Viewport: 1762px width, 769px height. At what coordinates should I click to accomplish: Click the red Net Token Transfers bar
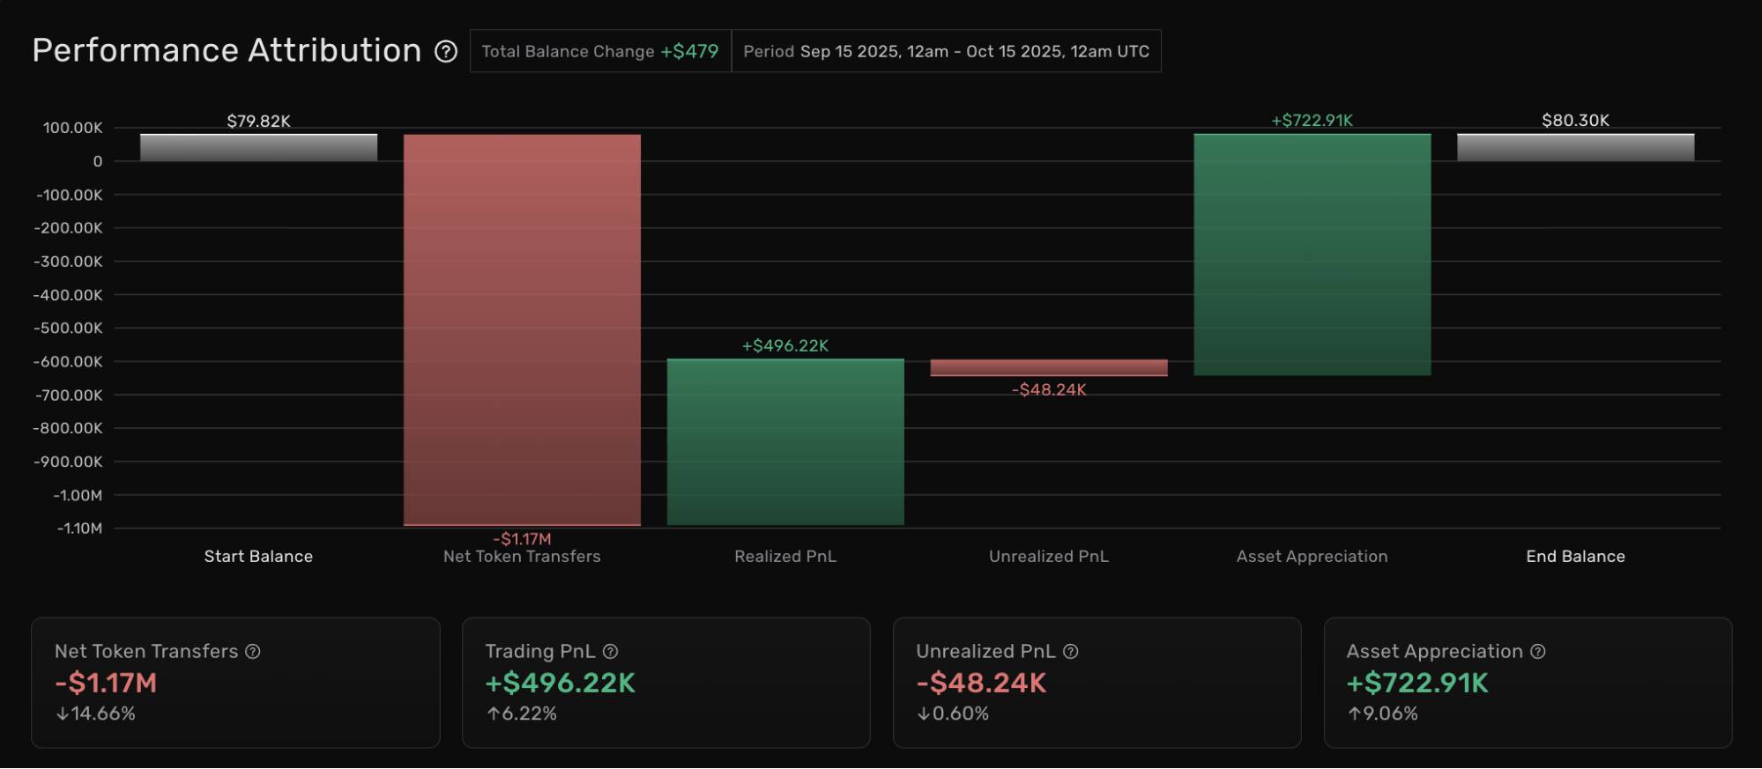click(522, 330)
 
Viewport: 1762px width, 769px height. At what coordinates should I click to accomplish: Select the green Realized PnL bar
click(785, 442)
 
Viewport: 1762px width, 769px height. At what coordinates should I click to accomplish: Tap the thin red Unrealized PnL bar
click(1049, 367)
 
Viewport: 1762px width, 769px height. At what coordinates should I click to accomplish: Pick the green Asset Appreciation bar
click(1312, 255)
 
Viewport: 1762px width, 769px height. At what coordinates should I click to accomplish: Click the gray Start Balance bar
click(258, 147)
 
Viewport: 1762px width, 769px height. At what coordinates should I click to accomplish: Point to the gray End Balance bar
click(1576, 147)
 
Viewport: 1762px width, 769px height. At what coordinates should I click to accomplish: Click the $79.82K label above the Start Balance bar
click(258, 121)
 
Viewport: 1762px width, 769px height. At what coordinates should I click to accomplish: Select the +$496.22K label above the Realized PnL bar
click(785, 345)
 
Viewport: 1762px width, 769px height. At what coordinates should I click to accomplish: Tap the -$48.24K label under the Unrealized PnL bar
click(1049, 389)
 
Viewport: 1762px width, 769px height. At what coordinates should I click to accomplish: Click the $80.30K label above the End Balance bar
click(1576, 120)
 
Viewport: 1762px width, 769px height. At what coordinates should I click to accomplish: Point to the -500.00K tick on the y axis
click(69, 328)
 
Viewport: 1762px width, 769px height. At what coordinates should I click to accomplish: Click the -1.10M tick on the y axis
click(80, 529)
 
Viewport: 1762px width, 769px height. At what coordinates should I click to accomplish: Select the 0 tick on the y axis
click(98, 161)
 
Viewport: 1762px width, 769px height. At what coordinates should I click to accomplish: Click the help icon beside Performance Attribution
click(446, 51)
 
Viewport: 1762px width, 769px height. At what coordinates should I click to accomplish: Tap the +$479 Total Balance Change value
click(690, 51)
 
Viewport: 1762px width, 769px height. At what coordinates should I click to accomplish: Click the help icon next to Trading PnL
click(610, 651)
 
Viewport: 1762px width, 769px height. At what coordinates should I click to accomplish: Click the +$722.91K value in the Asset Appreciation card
click(1417, 683)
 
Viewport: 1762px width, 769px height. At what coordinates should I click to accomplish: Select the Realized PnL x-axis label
click(785, 556)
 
